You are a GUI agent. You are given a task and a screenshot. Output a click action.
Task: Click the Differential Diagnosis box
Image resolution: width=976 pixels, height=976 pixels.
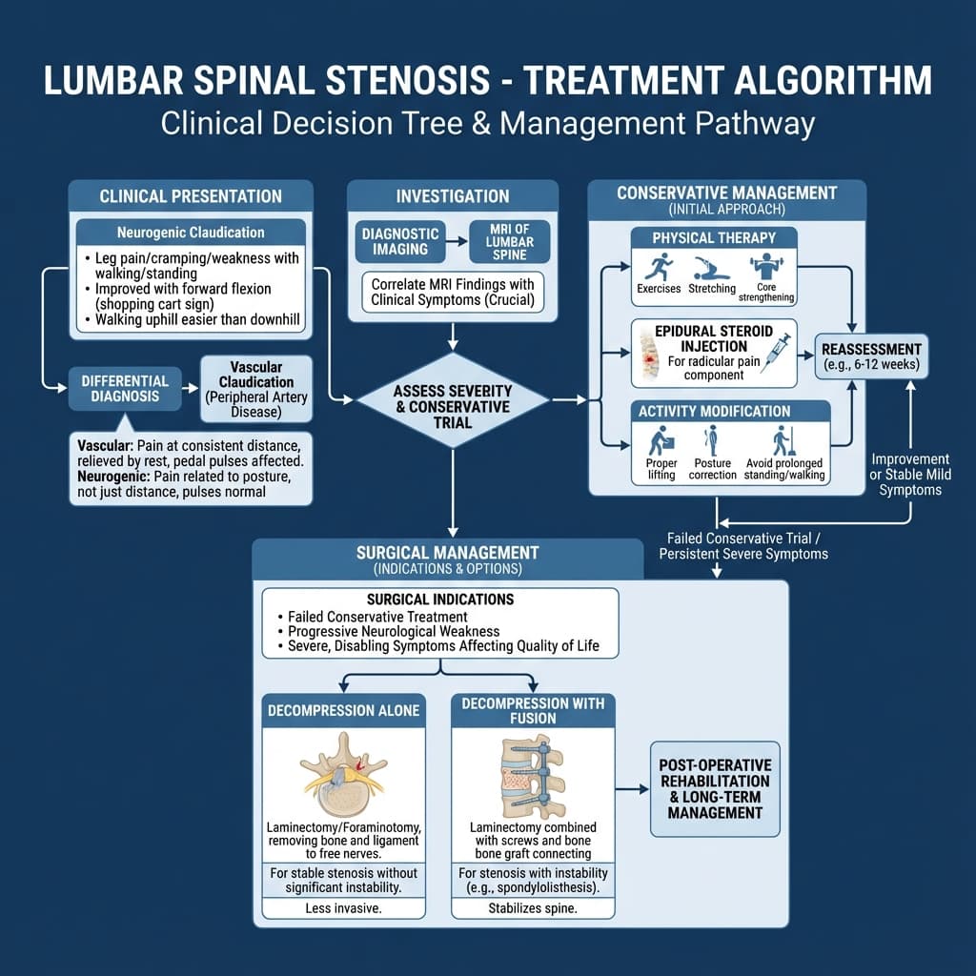125,388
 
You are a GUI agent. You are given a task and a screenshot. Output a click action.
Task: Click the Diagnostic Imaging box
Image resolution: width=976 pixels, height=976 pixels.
400,242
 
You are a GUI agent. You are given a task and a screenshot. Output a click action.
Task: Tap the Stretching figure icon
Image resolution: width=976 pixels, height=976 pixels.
711,266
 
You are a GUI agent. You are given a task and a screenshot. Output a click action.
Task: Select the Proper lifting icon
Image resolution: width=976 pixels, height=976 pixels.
661,441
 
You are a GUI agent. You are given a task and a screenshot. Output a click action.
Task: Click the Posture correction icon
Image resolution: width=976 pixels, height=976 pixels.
712,441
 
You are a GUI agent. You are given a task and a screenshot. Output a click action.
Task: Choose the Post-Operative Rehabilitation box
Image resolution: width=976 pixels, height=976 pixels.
715,789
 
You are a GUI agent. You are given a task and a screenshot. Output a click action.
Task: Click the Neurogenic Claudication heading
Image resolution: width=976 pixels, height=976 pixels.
191,233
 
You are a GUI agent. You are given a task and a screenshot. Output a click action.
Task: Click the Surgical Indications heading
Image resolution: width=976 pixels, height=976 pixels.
439,600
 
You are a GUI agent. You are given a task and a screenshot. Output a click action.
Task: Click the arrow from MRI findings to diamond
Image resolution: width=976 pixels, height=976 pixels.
453,335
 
